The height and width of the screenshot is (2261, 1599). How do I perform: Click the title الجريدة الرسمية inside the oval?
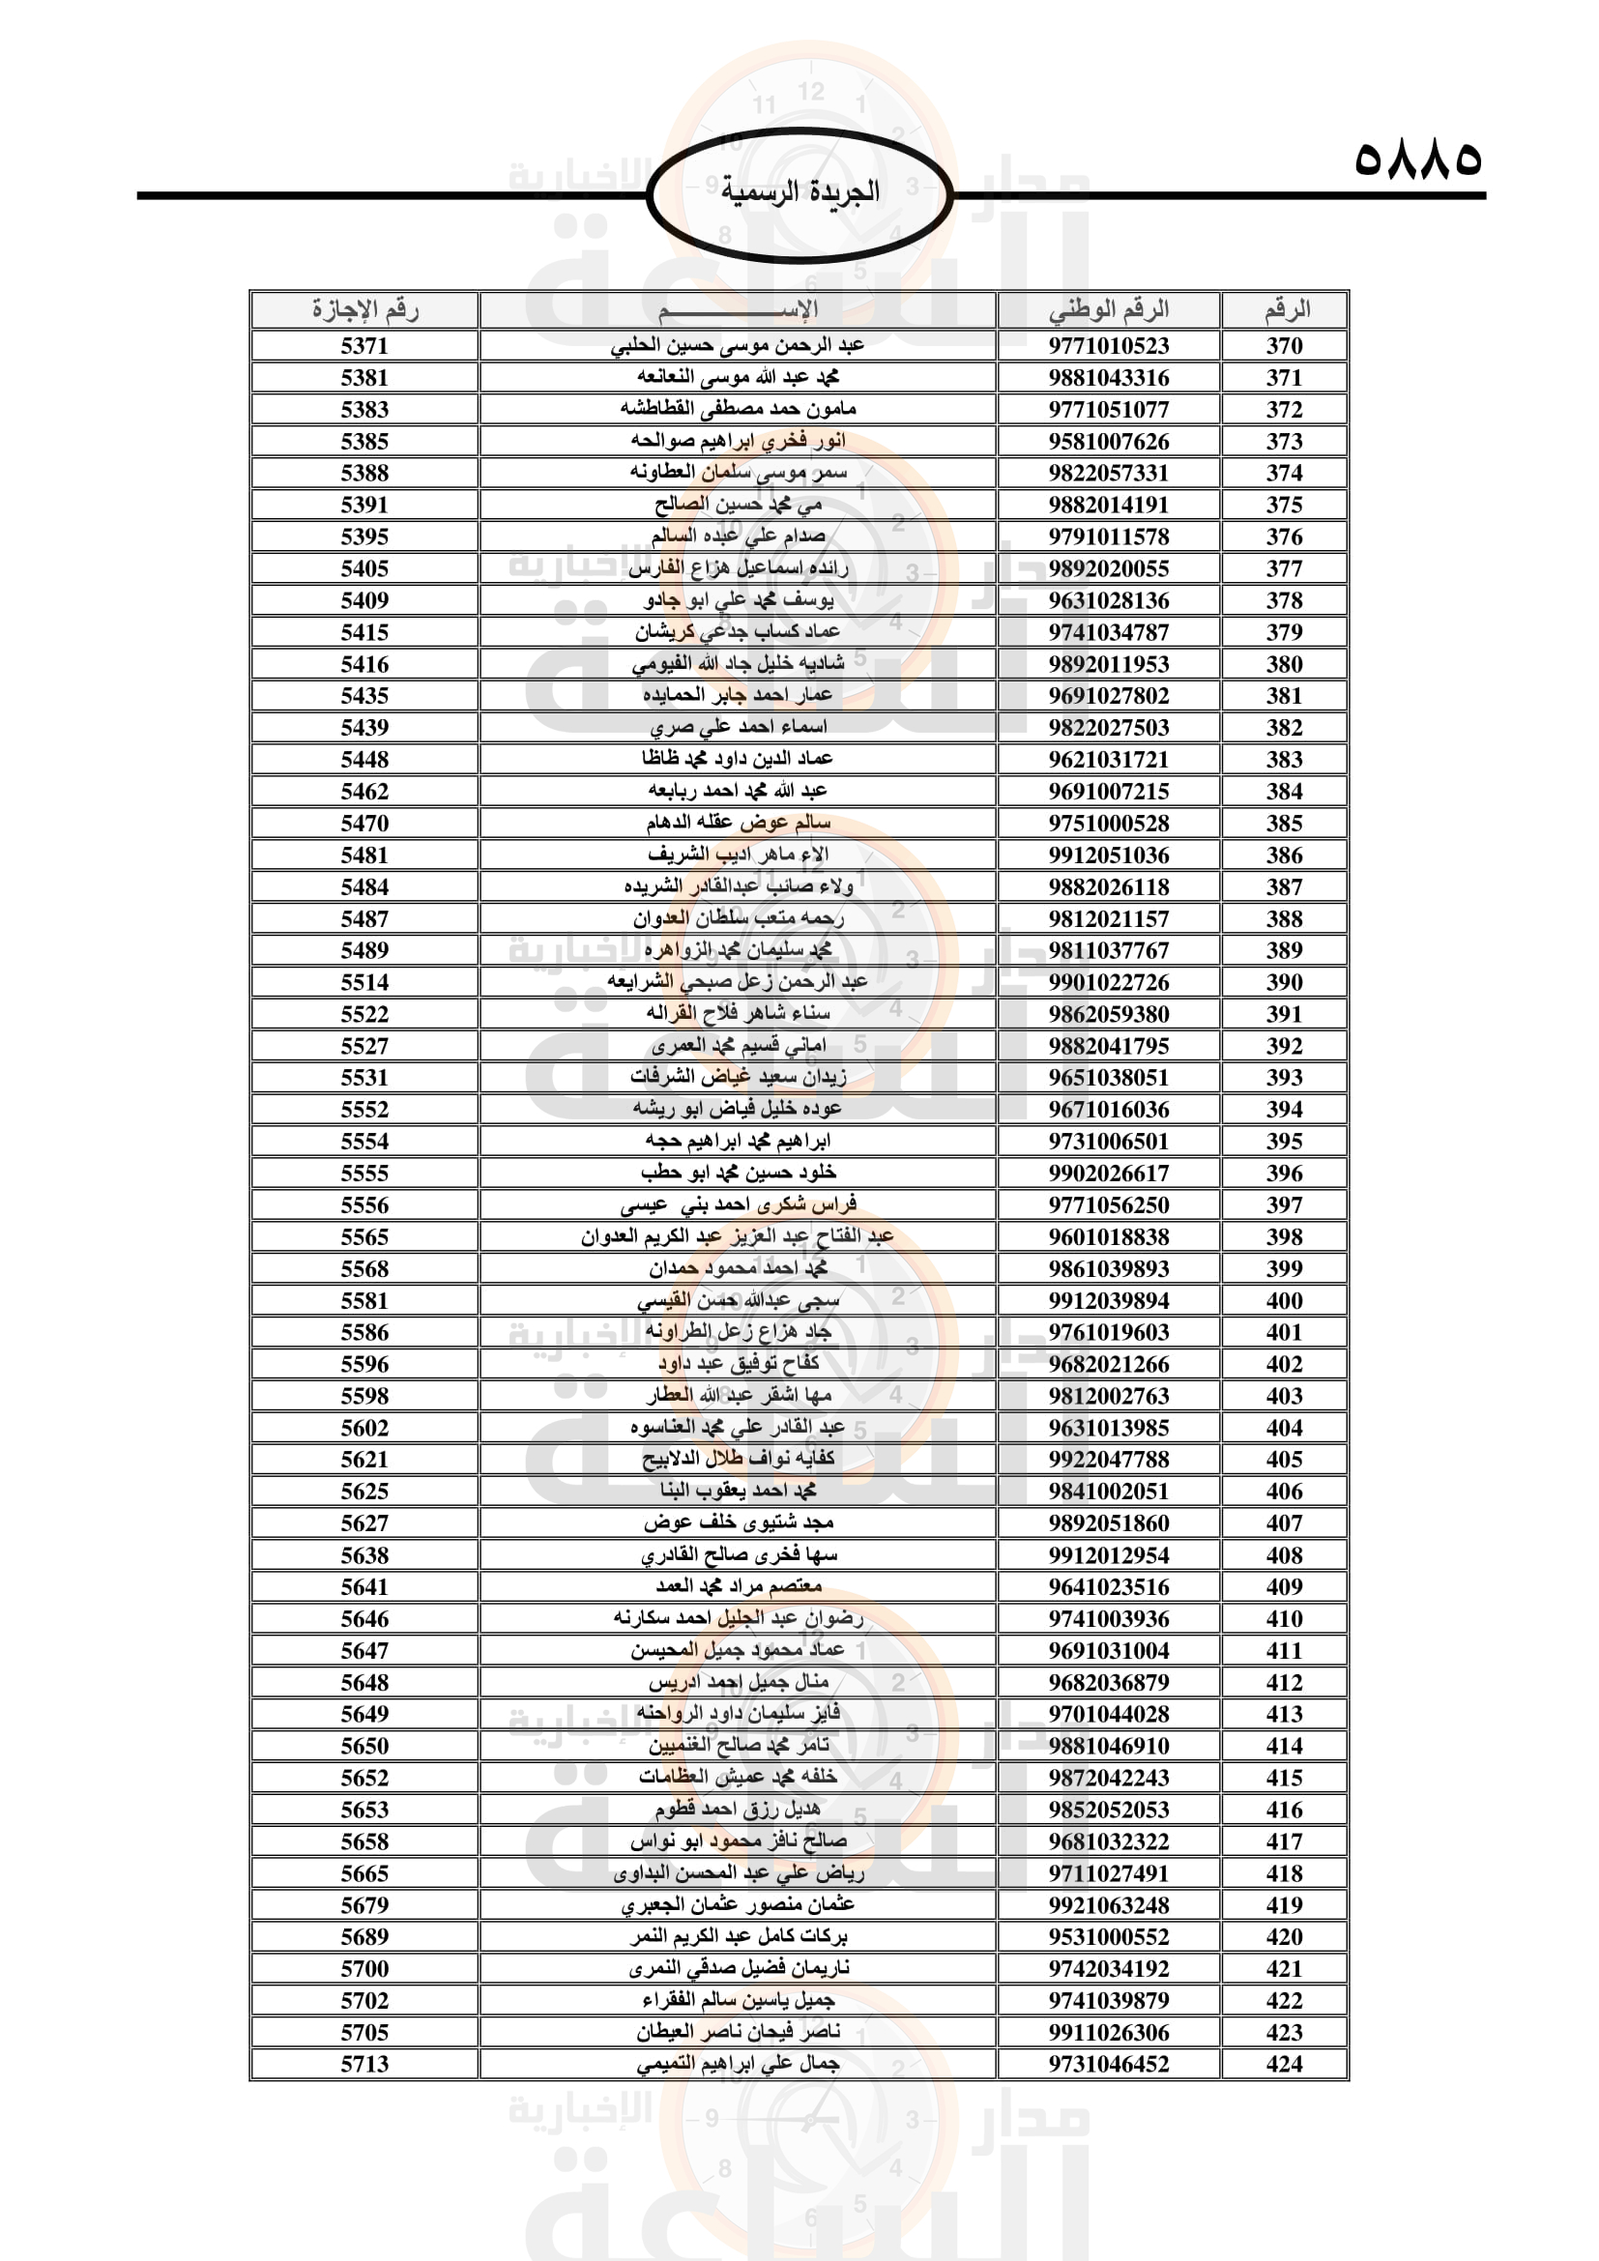(799, 191)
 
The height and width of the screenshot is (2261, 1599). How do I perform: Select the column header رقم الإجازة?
(364, 310)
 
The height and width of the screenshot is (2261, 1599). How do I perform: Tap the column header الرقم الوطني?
(1108, 310)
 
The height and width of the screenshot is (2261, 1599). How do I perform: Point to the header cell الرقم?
(1285, 310)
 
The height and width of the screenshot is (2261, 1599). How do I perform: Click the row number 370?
(1284, 346)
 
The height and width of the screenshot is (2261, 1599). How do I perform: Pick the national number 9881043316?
(1108, 378)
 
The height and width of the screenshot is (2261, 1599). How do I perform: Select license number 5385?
(364, 441)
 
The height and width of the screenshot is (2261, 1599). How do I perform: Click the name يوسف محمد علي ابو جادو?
(739, 600)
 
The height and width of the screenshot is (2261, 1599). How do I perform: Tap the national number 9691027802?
(1108, 696)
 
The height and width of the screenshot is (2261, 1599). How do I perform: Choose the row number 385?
(1284, 824)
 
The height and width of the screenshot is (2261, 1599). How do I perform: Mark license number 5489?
(364, 950)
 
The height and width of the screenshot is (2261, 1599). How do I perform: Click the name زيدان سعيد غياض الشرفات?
(739, 1077)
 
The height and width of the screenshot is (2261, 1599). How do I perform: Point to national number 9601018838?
(1108, 1237)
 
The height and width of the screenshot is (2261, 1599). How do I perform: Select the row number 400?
(1284, 1301)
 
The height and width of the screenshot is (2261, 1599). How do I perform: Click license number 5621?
(364, 1460)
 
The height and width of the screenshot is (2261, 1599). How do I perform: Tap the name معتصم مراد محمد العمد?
(739, 1586)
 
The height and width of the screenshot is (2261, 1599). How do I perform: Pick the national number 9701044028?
(1108, 1715)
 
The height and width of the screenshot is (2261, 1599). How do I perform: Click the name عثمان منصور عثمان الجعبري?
(739, 1905)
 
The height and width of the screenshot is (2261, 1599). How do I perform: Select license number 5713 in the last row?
(364, 2064)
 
